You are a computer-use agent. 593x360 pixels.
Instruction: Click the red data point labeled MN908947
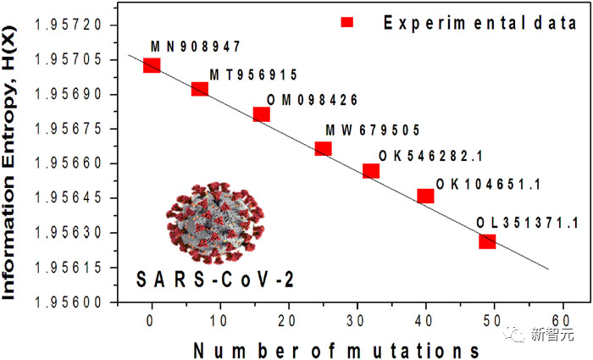pyautogui.click(x=152, y=65)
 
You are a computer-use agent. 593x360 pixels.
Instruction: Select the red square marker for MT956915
pyautogui.click(x=200, y=89)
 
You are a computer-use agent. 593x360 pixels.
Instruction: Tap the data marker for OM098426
pyautogui.click(x=262, y=114)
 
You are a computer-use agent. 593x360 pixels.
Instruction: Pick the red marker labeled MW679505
pyautogui.click(x=323, y=148)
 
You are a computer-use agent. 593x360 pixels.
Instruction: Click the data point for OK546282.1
pyautogui.click(x=371, y=170)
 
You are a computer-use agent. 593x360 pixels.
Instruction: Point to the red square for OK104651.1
pyautogui.click(x=425, y=196)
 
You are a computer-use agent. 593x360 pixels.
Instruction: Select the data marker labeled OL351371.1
pyautogui.click(x=487, y=241)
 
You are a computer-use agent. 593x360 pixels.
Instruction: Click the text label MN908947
pyautogui.click(x=197, y=46)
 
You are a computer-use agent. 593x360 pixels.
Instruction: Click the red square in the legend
pyautogui.click(x=346, y=23)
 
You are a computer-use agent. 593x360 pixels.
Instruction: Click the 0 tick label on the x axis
pyautogui.click(x=151, y=320)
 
